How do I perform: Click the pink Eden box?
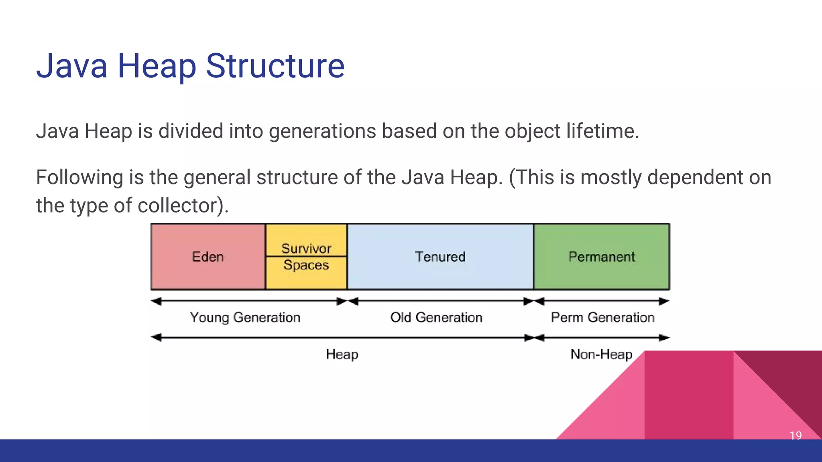(x=208, y=257)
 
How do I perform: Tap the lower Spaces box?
(x=306, y=273)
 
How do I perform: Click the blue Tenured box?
(x=440, y=257)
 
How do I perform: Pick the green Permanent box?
(x=601, y=257)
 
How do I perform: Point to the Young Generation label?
(x=245, y=317)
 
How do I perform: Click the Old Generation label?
(x=436, y=317)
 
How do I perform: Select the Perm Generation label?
(x=602, y=317)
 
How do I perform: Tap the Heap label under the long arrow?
(x=342, y=354)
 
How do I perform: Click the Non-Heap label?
(x=601, y=354)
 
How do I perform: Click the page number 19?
(x=796, y=435)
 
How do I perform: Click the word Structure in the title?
(x=275, y=66)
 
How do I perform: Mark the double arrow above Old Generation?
(x=440, y=301)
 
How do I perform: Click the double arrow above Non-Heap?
(x=601, y=338)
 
